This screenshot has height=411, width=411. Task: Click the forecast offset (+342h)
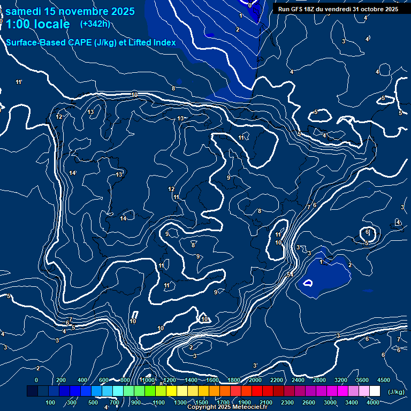pyautogui.click(x=95, y=24)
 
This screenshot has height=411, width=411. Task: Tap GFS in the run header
pyautogui.click(x=301, y=9)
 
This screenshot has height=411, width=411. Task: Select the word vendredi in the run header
pyautogui.click(x=339, y=9)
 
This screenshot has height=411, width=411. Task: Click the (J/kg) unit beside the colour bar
pyautogui.click(x=395, y=392)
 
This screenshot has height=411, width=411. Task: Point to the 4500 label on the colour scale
pyautogui.click(x=384, y=380)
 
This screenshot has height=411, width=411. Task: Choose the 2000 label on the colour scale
pyautogui.click(x=255, y=380)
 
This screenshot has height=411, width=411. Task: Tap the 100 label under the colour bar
pyautogui.click(x=51, y=402)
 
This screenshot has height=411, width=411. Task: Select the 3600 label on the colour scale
pyautogui.click(x=362, y=380)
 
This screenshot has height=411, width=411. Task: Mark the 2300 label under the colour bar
pyautogui.click(x=287, y=402)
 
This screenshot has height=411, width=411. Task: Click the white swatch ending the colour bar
pyautogui.click(x=375, y=391)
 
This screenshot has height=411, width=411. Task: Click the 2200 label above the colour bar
pyautogui.click(x=277, y=380)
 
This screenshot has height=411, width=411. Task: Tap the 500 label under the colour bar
pyautogui.click(x=94, y=402)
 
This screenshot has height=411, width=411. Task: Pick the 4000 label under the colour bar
pyautogui.click(x=373, y=402)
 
